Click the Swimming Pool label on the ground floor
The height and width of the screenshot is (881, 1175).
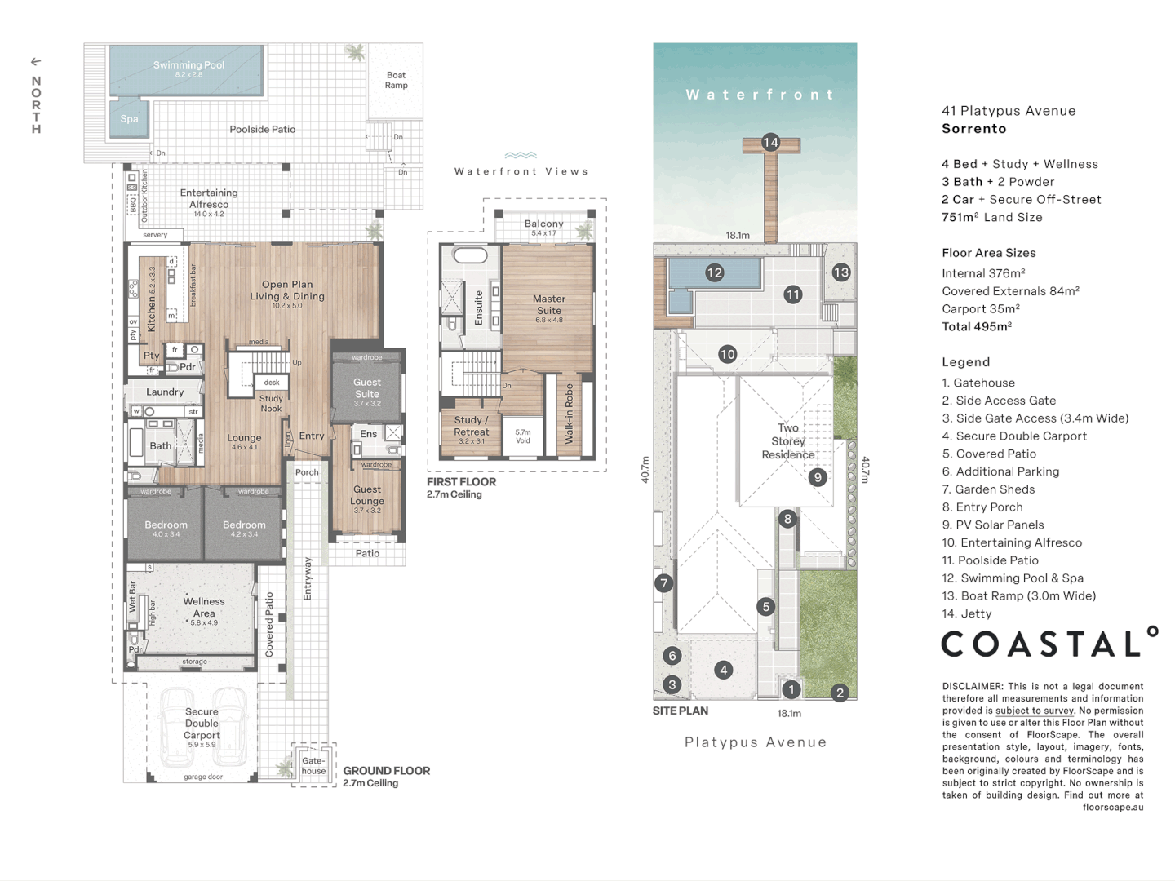(x=188, y=65)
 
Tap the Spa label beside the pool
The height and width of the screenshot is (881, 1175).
(x=129, y=119)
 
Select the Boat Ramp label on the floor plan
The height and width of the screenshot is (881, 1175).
(x=396, y=80)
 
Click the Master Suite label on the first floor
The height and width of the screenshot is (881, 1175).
(x=549, y=304)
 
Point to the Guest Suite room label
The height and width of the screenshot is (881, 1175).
(x=367, y=387)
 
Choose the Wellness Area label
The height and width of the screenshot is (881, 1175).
(x=204, y=607)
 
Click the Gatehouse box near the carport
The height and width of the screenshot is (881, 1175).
(x=313, y=765)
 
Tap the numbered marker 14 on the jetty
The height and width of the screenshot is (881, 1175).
(x=770, y=143)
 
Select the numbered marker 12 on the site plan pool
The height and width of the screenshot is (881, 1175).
(x=714, y=272)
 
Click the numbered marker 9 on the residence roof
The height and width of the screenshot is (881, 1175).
(x=818, y=478)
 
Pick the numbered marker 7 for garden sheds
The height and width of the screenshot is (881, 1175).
(x=663, y=583)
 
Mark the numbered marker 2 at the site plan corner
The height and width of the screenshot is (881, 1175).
(x=840, y=693)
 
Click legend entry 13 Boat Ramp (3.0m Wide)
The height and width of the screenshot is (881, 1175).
(x=1018, y=596)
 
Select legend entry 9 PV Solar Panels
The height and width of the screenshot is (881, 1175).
(x=992, y=525)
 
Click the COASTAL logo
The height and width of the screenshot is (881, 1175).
(x=1049, y=644)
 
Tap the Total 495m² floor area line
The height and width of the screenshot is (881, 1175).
(x=976, y=327)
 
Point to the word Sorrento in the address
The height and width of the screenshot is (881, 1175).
(x=973, y=129)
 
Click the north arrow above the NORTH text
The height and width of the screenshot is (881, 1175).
(x=36, y=62)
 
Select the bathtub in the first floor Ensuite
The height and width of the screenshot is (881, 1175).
(x=470, y=255)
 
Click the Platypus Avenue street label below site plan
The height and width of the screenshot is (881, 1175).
(x=755, y=742)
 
